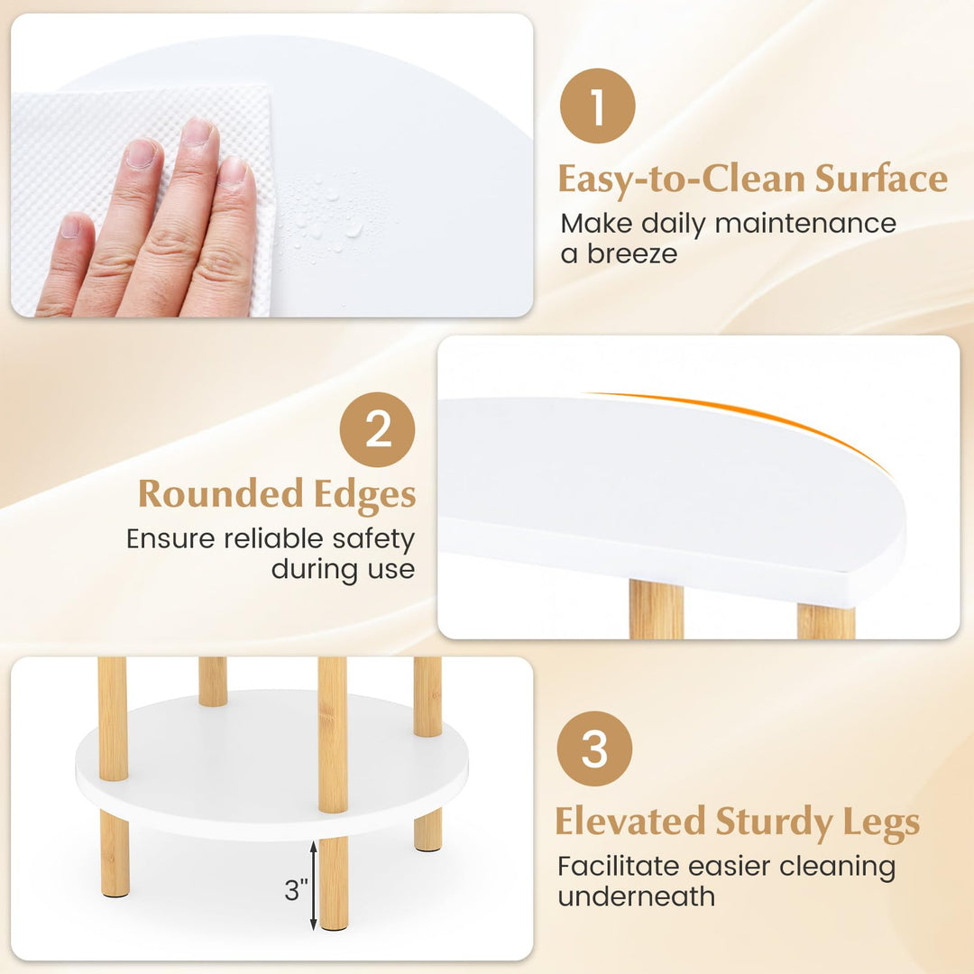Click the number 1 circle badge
pyautogui.click(x=597, y=106)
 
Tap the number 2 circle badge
pyautogui.click(x=377, y=429)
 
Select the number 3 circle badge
pyautogui.click(x=594, y=749)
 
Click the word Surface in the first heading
pyautogui.click(x=881, y=179)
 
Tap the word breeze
pyautogui.click(x=631, y=253)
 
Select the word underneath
pyautogui.click(x=636, y=896)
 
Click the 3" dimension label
pyautogui.click(x=296, y=891)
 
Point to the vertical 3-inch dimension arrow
pyautogui.click(x=313, y=885)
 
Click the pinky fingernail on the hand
pyautogui.click(x=70, y=225)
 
